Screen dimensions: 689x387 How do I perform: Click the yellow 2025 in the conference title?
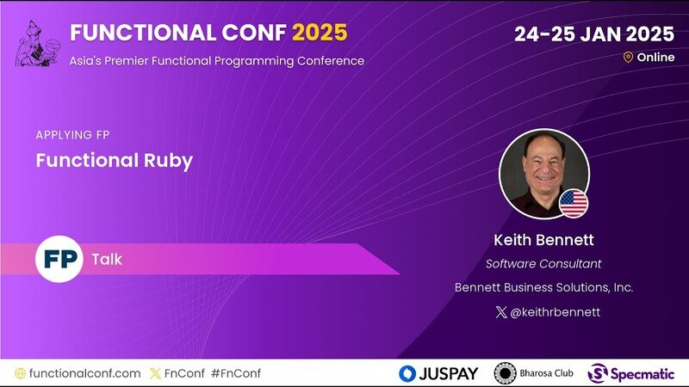point(320,33)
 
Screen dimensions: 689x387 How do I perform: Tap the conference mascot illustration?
point(37,44)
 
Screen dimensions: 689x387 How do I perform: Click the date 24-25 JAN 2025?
point(594,34)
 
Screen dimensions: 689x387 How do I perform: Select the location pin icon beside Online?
point(628,58)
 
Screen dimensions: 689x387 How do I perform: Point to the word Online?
point(655,58)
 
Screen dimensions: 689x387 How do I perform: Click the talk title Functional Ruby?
point(115,161)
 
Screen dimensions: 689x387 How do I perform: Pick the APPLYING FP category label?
point(72,135)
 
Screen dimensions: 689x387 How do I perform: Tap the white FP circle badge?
point(59,259)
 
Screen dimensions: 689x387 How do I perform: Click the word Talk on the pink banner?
point(107,260)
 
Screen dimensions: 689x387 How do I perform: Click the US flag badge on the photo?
point(574,204)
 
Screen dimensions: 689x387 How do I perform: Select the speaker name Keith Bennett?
point(543,240)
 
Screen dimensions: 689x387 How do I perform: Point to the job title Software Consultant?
point(543,264)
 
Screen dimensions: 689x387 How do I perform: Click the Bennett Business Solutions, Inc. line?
point(543,287)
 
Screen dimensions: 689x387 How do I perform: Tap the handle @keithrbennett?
point(555,312)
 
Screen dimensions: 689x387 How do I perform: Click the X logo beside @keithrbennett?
point(501,312)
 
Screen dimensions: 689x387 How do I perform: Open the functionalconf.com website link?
point(84,373)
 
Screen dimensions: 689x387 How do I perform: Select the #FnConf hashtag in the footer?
point(236,373)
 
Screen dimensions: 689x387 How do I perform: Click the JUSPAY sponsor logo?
point(438,373)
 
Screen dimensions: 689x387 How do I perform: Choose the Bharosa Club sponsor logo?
point(533,373)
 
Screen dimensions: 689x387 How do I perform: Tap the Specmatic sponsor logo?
point(631,374)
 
